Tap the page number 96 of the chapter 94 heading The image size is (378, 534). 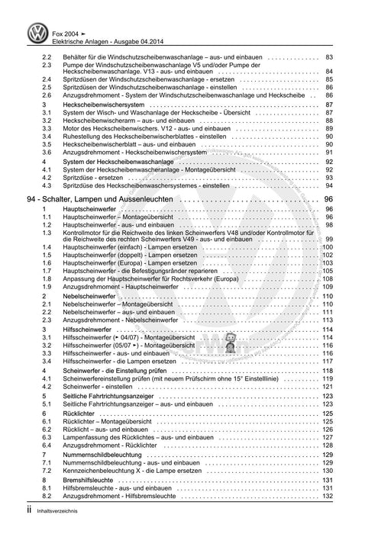[328, 199]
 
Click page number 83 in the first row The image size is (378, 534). [328, 58]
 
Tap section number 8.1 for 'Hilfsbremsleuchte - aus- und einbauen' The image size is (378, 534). [47, 489]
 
